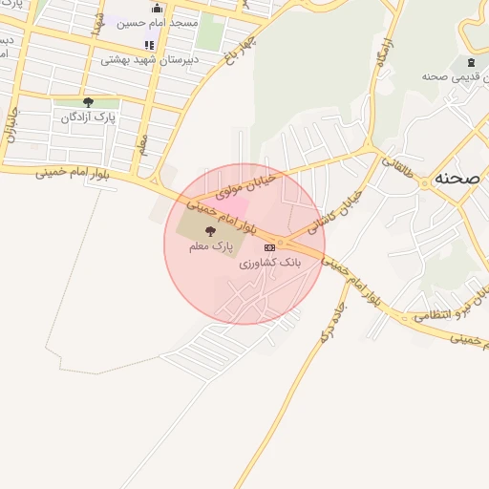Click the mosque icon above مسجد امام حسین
[157, 9]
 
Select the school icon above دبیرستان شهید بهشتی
[149, 45]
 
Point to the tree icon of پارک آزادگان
[89, 102]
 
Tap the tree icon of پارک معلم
[210, 231]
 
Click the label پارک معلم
[210, 246]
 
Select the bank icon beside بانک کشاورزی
[269, 247]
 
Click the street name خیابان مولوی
[245, 185]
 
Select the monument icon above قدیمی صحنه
[469, 62]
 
